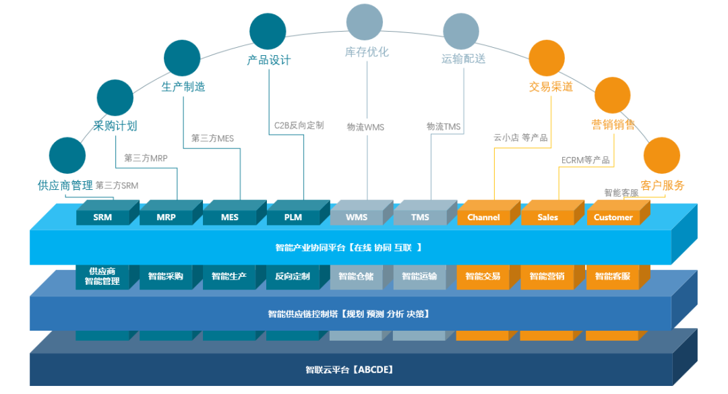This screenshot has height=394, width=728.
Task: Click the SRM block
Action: (x=102, y=217)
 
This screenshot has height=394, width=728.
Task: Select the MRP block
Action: (x=166, y=217)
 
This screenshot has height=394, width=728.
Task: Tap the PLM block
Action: (x=293, y=217)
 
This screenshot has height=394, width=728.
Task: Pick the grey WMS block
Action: (x=357, y=217)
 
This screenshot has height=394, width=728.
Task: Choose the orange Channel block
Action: (x=483, y=217)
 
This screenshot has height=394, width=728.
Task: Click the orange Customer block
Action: (x=613, y=217)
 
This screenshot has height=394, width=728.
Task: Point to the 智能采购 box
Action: (x=166, y=276)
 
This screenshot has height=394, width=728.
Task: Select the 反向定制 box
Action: (x=293, y=276)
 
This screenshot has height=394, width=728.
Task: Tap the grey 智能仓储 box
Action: (x=356, y=276)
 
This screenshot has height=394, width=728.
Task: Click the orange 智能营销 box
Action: (x=547, y=276)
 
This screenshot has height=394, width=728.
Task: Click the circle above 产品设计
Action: (x=268, y=31)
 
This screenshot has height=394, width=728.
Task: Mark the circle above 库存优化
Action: (x=365, y=22)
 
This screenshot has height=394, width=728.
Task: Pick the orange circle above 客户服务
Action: (x=661, y=156)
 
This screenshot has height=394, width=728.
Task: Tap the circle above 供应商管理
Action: (x=67, y=156)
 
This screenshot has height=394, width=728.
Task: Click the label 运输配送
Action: (x=464, y=59)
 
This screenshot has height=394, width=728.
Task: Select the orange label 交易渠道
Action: (x=551, y=86)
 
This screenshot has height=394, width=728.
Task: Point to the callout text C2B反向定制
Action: (x=299, y=125)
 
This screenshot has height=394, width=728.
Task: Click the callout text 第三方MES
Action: (x=212, y=138)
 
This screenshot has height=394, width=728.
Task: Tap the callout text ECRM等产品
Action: (x=585, y=160)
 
